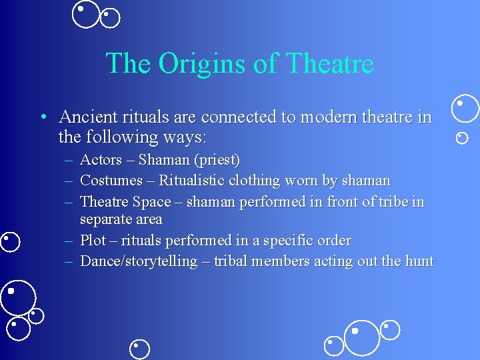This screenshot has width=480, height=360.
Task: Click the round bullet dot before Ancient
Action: click(x=42, y=118)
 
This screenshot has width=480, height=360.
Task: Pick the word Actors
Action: click(x=101, y=160)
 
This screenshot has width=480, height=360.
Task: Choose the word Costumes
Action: click(x=111, y=181)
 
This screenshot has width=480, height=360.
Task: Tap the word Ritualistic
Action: click(x=192, y=181)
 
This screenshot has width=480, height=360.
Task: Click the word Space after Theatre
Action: click(x=151, y=201)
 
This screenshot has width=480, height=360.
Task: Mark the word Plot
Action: click(x=93, y=240)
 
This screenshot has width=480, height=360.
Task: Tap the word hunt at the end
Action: click(x=418, y=261)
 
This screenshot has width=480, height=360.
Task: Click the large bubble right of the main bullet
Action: click(x=465, y=108)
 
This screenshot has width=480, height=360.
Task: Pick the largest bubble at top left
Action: click(x=85, y=14)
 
